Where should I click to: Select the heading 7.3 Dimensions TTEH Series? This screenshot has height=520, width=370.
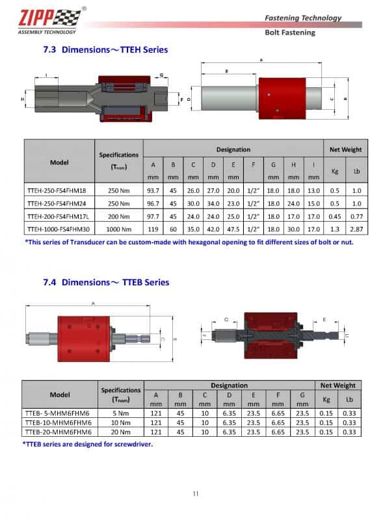[x=114, y=49]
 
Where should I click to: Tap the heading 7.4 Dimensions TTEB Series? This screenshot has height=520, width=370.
[x=105, y=282]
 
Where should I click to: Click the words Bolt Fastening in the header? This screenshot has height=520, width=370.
[x=290, y=32]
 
